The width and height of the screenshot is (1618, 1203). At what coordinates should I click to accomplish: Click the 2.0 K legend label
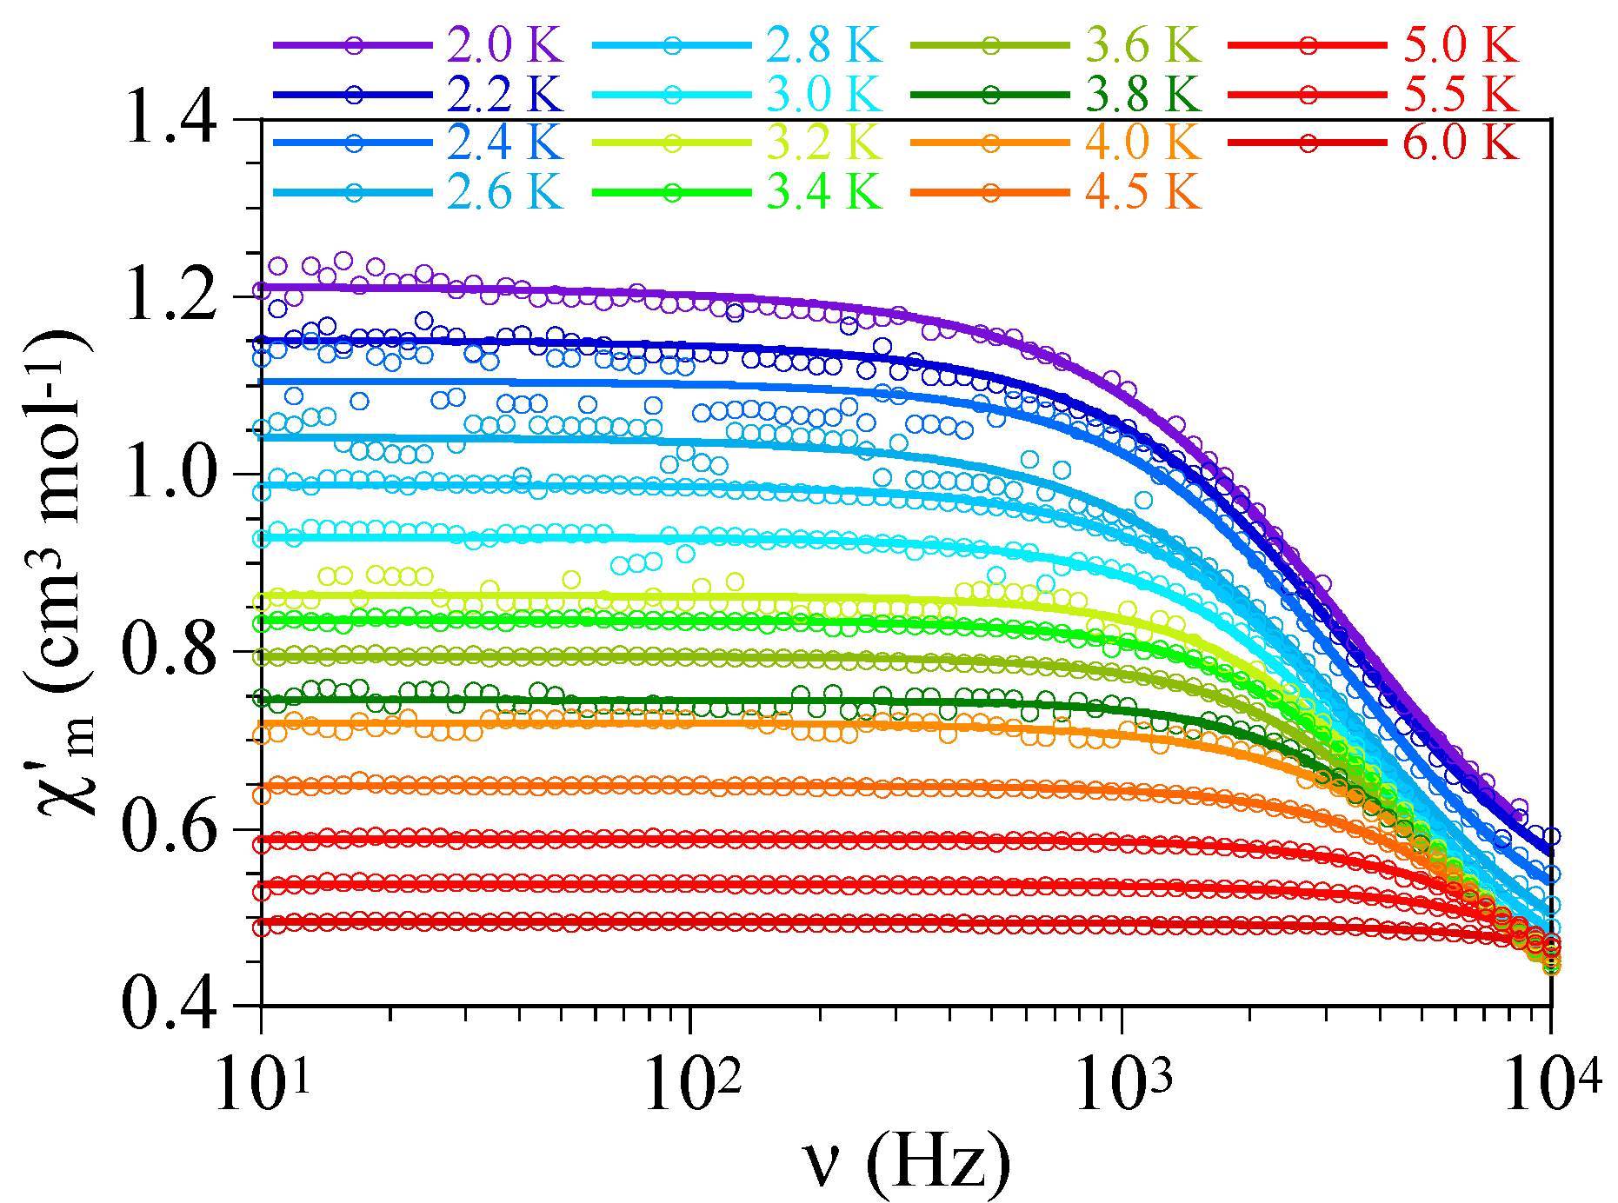(x=505, y=45)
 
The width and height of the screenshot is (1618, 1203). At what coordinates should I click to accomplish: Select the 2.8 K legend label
(x=824, y=45)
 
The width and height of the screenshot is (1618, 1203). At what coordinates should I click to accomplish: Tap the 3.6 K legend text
(x=1143, y=45)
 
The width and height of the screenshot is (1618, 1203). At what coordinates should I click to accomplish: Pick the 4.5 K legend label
(x=1143, y=192)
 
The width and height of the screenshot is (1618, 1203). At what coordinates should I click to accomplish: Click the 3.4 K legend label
(x=824, y=192)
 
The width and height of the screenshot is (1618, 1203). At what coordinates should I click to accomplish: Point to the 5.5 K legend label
(x=1461, y=94)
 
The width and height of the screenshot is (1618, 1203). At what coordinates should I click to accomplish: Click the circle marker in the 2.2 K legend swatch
(x=354, y=95)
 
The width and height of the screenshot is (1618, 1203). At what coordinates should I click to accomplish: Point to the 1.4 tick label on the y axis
(x=170, y=119)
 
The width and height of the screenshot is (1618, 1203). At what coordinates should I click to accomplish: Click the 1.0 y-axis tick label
(x=170, y=475)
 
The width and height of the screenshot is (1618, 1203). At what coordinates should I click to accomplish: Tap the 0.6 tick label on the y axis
(x=170, y=829)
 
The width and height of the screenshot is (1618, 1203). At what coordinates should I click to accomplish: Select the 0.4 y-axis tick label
(x=170, y=1006)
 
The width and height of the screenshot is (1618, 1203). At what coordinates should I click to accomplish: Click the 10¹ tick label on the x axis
(x=261, y=1082)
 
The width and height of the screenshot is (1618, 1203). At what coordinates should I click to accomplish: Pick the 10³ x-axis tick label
(x=1123, y=1082)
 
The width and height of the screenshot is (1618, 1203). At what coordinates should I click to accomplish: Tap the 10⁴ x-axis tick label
(x=1553, y=1082)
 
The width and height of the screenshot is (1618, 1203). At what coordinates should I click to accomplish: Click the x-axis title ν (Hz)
(x=906, y=1162)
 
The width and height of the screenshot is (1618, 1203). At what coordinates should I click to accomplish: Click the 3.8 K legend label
(x=1143, y=94)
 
